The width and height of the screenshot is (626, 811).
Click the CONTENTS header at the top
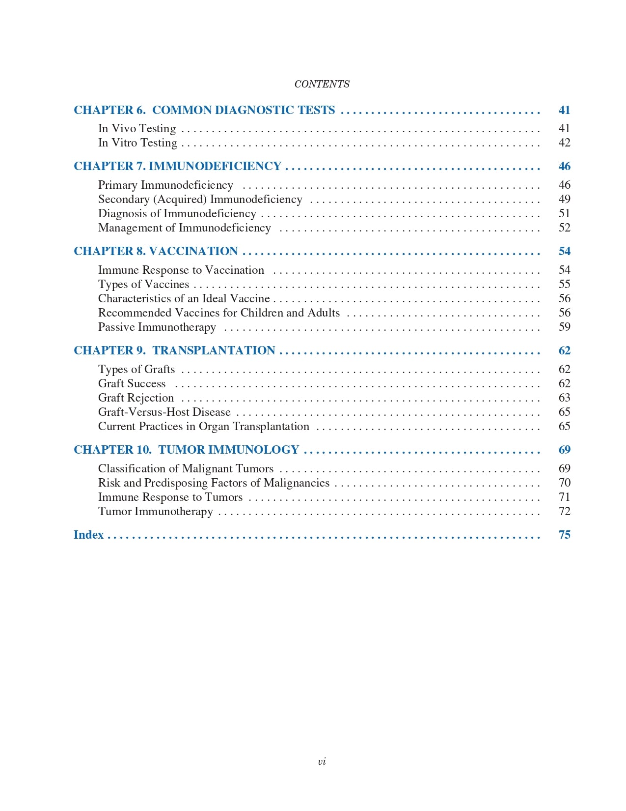click(x=322, y=84)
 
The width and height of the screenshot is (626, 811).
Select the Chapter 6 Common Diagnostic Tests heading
click(x=204, y=110)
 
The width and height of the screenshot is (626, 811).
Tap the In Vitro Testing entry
click(x=137, y=143)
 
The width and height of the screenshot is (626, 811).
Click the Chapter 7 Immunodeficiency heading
click(x=177, y=166)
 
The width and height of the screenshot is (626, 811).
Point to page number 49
click(x=564, y=199)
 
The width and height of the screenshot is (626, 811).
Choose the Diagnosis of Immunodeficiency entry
click(x=177, y=213)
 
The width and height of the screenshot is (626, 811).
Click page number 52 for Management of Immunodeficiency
click(x=564, y=228)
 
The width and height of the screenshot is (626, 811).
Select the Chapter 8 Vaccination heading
click(x=156, y=251)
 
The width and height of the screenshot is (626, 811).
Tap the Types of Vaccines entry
click(x=143, y=284)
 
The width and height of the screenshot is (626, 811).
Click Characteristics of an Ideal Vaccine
click(x=184, y=298)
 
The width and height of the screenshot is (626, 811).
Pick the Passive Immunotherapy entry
click(x=157, y=327)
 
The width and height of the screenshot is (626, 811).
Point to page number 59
click(x=564, y=327)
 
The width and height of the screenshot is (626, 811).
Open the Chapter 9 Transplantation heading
click(x=174, y=350)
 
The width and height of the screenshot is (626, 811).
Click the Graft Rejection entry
click(x=136, y=398)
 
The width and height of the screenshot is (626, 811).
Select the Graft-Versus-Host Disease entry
click(x=164, y=412)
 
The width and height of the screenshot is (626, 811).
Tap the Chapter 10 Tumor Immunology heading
click(x=186, y=450)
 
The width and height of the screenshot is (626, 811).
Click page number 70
click(x=564, y=483)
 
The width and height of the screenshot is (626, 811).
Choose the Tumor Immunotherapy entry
click(x=155, y=511)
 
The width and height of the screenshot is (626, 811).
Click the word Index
click(x=88, y=535)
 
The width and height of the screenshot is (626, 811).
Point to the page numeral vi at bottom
click(x=322, y=761)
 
